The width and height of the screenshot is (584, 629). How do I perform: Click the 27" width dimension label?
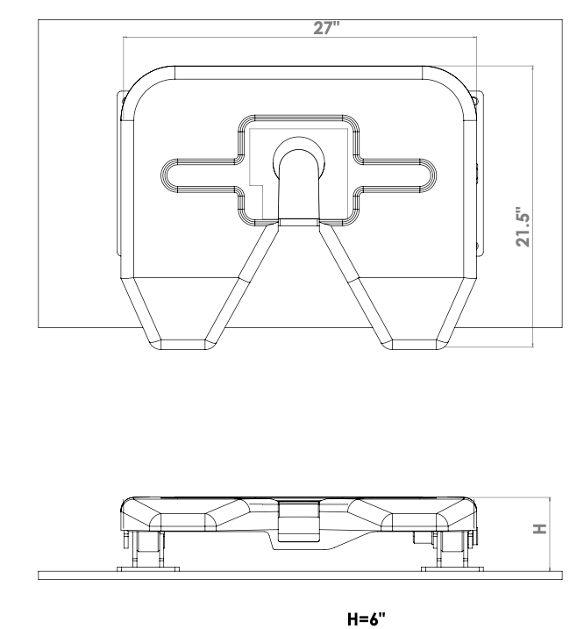326,27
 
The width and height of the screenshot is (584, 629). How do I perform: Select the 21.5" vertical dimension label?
523,227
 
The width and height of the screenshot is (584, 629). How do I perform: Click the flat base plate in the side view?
298,576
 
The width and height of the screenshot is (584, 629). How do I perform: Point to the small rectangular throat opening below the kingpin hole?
298,223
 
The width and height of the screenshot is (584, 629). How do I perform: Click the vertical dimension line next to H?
550,535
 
